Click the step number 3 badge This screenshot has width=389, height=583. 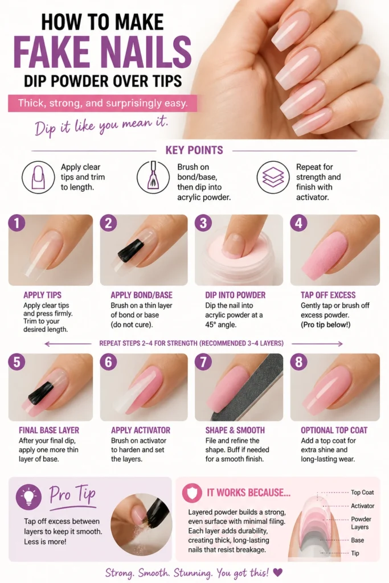pyautogui.click(x=203, y=223)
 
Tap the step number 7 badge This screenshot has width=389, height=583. pyautogui.click(x=203, y=362)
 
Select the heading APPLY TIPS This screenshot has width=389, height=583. pyautogui.click(x=42, y=295)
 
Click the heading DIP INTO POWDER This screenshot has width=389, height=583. pyautogui.click(x=235, y=295)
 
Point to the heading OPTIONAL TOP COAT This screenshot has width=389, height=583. pyautogui.click(x=334, y=430)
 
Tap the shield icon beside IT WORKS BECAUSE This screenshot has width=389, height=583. pyautogui.click(x=192, y=493)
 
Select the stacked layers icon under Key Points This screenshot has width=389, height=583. pyautogui.click(x=273, y=177)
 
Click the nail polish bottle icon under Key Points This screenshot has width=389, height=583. pyautogui.click(x=153, y=177)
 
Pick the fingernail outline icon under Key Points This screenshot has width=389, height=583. pyautogui.click(x=38, y=177)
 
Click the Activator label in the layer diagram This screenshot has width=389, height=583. pyautogui.click(x=363, y=506)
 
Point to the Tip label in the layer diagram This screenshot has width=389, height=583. pyautogui.click(x=355, y=553)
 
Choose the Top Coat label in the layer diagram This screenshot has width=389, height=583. pyautogui.click(x=362, y=492)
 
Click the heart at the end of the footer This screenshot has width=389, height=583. pyautogui.click(x=277, y=572)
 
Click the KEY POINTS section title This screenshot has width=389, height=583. pyautogui.click(x=194, y=150)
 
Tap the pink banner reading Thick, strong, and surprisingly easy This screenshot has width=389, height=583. pyautogui.click(x=103, y=103)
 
